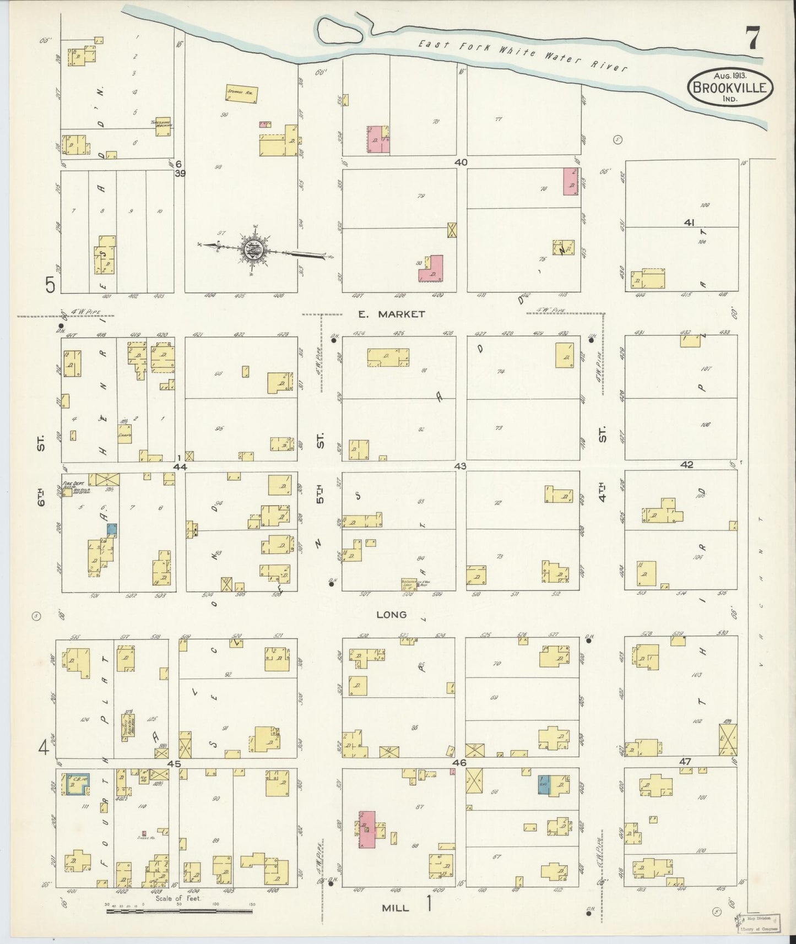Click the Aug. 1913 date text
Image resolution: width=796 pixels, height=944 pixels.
[x=728, y=75]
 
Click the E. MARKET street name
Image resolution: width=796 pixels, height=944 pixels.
[x=391, y=314]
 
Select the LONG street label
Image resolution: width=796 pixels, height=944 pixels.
[x=392, y=614]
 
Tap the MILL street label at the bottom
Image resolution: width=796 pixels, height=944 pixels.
[x=396, y=908]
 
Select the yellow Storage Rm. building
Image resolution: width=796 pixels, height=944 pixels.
[x=241, y=93]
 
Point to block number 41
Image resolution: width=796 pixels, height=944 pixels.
[x=689, y=223]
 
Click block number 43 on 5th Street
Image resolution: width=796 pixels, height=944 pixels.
[x=460, y=466]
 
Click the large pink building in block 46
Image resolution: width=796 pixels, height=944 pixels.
[x=367, y=829]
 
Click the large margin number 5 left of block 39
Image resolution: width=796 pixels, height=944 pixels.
[x=51, y=285]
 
